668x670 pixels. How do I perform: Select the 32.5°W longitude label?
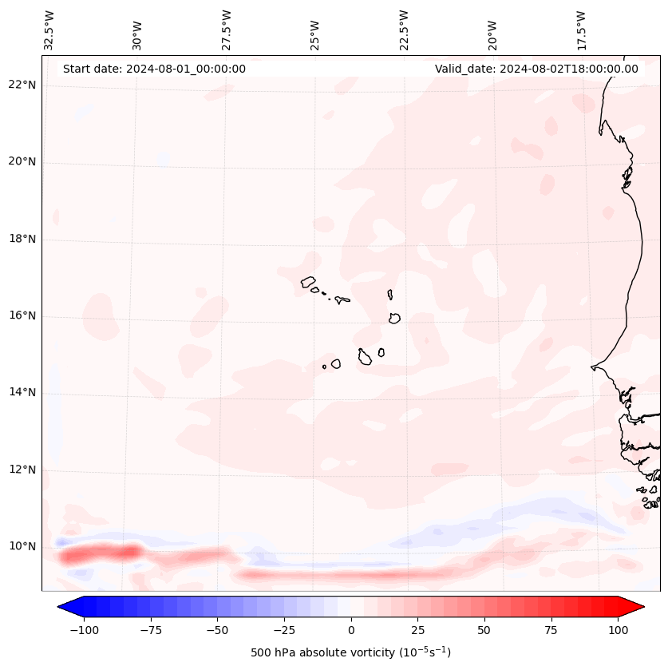(x=49, y=30)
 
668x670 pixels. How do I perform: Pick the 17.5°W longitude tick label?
(x=580, y=30)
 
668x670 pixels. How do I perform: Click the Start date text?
(x=154, y=69)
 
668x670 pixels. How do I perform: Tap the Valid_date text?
(x=536, y=69)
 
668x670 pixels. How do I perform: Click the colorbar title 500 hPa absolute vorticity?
(x=350, y=652)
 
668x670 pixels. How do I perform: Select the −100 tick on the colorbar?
(x=84, y=630)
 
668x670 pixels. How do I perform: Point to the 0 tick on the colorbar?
(x=351, y=630)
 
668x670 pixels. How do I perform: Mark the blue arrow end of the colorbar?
(x=67, y=607)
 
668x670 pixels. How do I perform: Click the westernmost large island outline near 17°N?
(x=309, y=282)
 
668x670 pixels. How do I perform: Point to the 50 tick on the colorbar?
(x=484, y=630)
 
